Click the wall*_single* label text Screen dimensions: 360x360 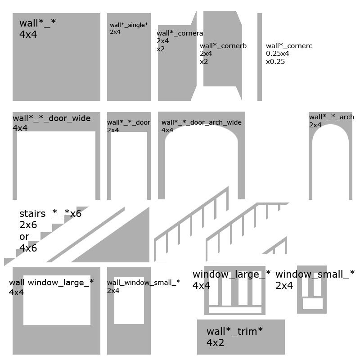[x=129, y=25]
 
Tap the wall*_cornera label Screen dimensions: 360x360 [x=180, y=33]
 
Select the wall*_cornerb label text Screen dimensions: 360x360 [x=223, y=46]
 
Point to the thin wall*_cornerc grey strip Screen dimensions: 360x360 [x=260, y=57]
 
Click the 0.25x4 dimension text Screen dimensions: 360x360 [x=277, y=54]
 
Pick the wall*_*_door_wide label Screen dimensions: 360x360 [x=52, y=118]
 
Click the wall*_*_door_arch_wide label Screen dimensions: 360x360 [x=201, y=122]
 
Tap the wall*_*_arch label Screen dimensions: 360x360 [x=331, y=117]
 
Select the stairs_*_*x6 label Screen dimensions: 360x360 [x=50, y=213]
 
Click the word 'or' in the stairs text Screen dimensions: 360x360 [x=24, y=237]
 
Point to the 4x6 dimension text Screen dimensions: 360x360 [x=28, y=248]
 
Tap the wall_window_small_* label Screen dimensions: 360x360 [x=143, y=283]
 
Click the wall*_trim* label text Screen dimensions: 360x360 [x=234, y=331]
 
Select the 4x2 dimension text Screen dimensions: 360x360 [x=215, y=342]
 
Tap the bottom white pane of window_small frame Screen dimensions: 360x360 [x=312, y=303]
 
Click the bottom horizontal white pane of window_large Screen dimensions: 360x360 [x=235, y=310]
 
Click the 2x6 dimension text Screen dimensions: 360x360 [x=28, y=225]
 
